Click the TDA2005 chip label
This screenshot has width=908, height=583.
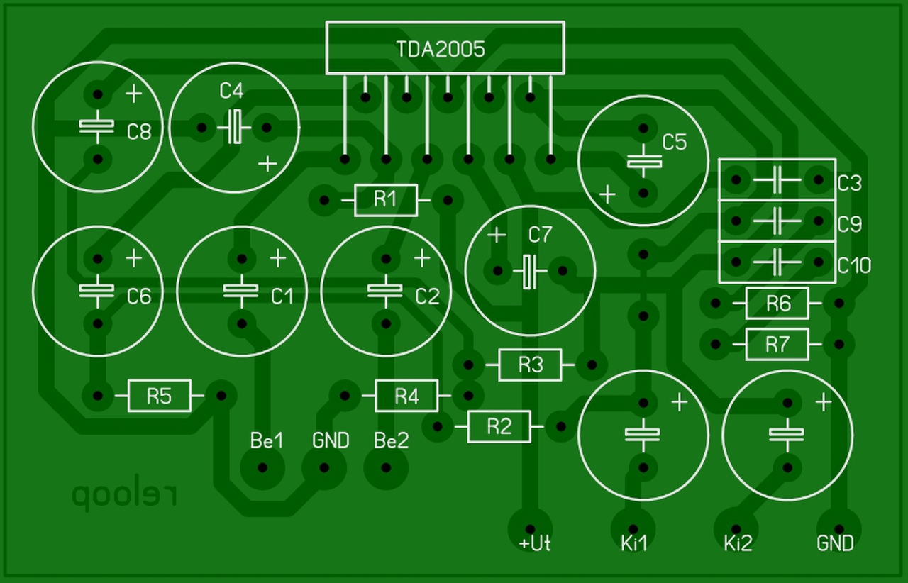pos(441,49)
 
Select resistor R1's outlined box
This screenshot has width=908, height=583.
pos(385,200)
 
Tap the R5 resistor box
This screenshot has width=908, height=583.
pos(159,396)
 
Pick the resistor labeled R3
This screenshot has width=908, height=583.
pos(530,365)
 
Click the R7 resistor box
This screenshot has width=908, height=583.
pos(777,345)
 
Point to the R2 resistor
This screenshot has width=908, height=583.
pos(499,426)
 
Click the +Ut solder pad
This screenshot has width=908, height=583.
pos(530,528)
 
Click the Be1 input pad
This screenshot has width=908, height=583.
pos(262,468)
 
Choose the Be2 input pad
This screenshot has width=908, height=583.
pos(386,468)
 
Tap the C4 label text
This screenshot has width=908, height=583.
pos(231,91)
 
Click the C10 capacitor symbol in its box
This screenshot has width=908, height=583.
pos(777,262)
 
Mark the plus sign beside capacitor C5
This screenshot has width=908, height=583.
pos(607,194)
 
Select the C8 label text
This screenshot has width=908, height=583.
pos(139,131)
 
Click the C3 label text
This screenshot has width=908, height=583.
pos(849,183)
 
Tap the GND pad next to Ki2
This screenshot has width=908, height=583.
pos(839,529)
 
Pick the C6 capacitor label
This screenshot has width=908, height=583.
pos(139,296)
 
